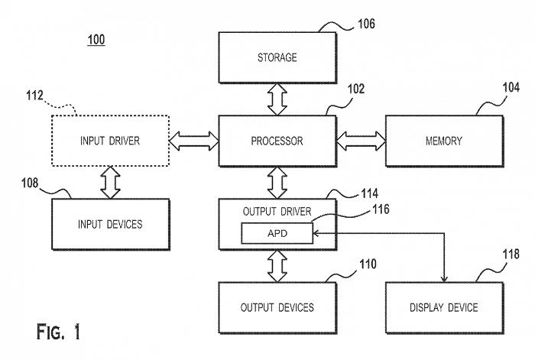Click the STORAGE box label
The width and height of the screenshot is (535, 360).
277,57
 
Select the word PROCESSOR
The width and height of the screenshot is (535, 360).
277,141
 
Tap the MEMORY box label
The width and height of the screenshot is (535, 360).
444,141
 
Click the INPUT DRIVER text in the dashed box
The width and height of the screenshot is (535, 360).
110,141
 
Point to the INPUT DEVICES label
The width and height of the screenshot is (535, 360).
110,224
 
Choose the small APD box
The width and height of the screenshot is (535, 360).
277,233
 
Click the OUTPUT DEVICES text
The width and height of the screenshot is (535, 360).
277,307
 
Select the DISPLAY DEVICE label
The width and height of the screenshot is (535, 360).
444,307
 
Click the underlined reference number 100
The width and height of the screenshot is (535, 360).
96,40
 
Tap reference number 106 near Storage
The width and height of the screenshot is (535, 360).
366,24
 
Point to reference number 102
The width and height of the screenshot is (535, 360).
356,89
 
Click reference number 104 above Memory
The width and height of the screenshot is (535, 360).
511,87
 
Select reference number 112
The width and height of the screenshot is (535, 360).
35,96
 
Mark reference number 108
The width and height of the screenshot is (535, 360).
30,183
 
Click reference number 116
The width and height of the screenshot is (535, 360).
381,209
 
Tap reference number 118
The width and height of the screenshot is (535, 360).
511,254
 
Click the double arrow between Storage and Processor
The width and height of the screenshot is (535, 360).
277,99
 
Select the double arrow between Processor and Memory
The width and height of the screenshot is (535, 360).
361,141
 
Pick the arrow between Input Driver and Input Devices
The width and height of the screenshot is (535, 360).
110,183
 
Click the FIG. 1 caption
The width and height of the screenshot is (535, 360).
58,332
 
